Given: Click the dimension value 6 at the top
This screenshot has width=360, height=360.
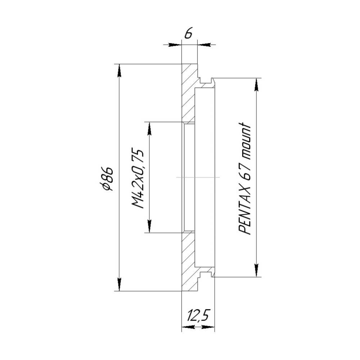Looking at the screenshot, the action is (189, 33).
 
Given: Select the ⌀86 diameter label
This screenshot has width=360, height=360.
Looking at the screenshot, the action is (107, 179).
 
